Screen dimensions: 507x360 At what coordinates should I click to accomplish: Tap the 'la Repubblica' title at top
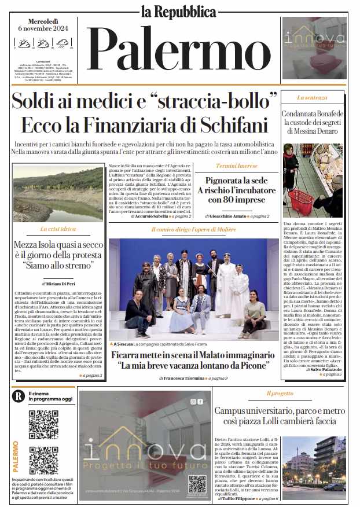(x=179, y=10)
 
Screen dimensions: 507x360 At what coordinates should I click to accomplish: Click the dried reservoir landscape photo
(x=58, y=194)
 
